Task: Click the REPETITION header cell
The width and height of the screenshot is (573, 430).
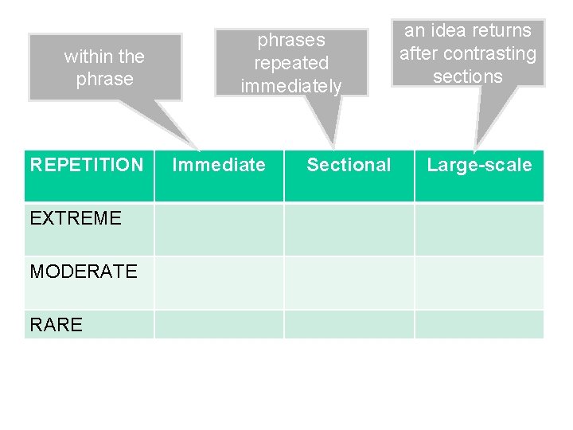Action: point(87,166)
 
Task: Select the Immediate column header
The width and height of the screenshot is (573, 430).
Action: point(219,166)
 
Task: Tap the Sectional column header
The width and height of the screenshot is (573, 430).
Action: point(349,166)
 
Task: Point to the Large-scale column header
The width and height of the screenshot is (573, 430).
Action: point(479,166)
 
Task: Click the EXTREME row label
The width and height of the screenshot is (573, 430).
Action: point(76,218)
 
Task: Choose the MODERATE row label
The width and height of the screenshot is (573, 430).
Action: point(84,272)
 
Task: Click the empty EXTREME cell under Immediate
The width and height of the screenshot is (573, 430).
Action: point(219,229)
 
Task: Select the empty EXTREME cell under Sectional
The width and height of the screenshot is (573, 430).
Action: point(349,229)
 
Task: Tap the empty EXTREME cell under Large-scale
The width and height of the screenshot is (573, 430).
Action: point(479,229)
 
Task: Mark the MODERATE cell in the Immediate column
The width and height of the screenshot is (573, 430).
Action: point(219,283)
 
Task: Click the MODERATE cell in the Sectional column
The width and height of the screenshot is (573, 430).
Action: point(349,283)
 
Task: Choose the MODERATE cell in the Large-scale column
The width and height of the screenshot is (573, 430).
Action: point(479,283)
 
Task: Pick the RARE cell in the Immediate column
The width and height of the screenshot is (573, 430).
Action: point(219,324)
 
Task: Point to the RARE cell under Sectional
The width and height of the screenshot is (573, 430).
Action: point(349,324)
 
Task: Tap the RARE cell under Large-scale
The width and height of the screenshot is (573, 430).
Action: point(479,324)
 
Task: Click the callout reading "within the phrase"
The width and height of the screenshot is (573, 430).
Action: point(104,68)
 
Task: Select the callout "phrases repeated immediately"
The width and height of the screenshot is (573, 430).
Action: point(290,62)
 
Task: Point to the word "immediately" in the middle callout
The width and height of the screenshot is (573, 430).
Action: point(290,85)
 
